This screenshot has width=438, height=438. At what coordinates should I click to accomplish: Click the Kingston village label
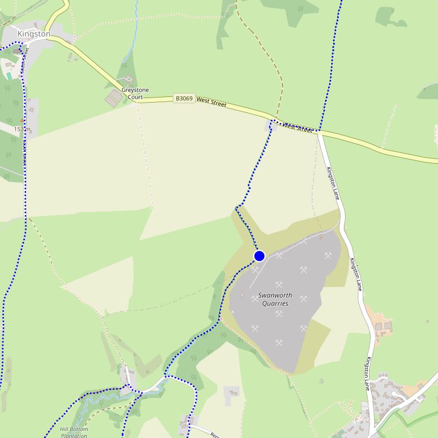click(x=34, y=34)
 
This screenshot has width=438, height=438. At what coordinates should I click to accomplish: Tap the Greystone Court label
click(x=135, y=94)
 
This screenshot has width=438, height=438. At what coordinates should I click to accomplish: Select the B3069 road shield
click(x=184, y=99)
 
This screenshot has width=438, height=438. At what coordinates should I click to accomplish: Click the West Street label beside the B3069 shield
click(x=211, y=102)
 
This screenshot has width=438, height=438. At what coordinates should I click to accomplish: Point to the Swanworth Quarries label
click(x=275, y=299)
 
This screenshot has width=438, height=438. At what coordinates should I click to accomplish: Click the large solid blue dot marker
click(x=259, y=256)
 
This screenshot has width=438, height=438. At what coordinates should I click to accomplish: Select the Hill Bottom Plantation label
click(x=74, y=432)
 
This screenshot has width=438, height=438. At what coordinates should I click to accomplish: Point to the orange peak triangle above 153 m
click(x=22, y=121)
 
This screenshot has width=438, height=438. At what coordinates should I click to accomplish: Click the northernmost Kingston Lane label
click(x=334, y=183)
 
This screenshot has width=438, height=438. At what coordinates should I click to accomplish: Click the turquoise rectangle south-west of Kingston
click(x=9, y=76)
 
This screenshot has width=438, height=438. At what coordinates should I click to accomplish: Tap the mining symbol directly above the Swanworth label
click(x=279, y=285)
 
